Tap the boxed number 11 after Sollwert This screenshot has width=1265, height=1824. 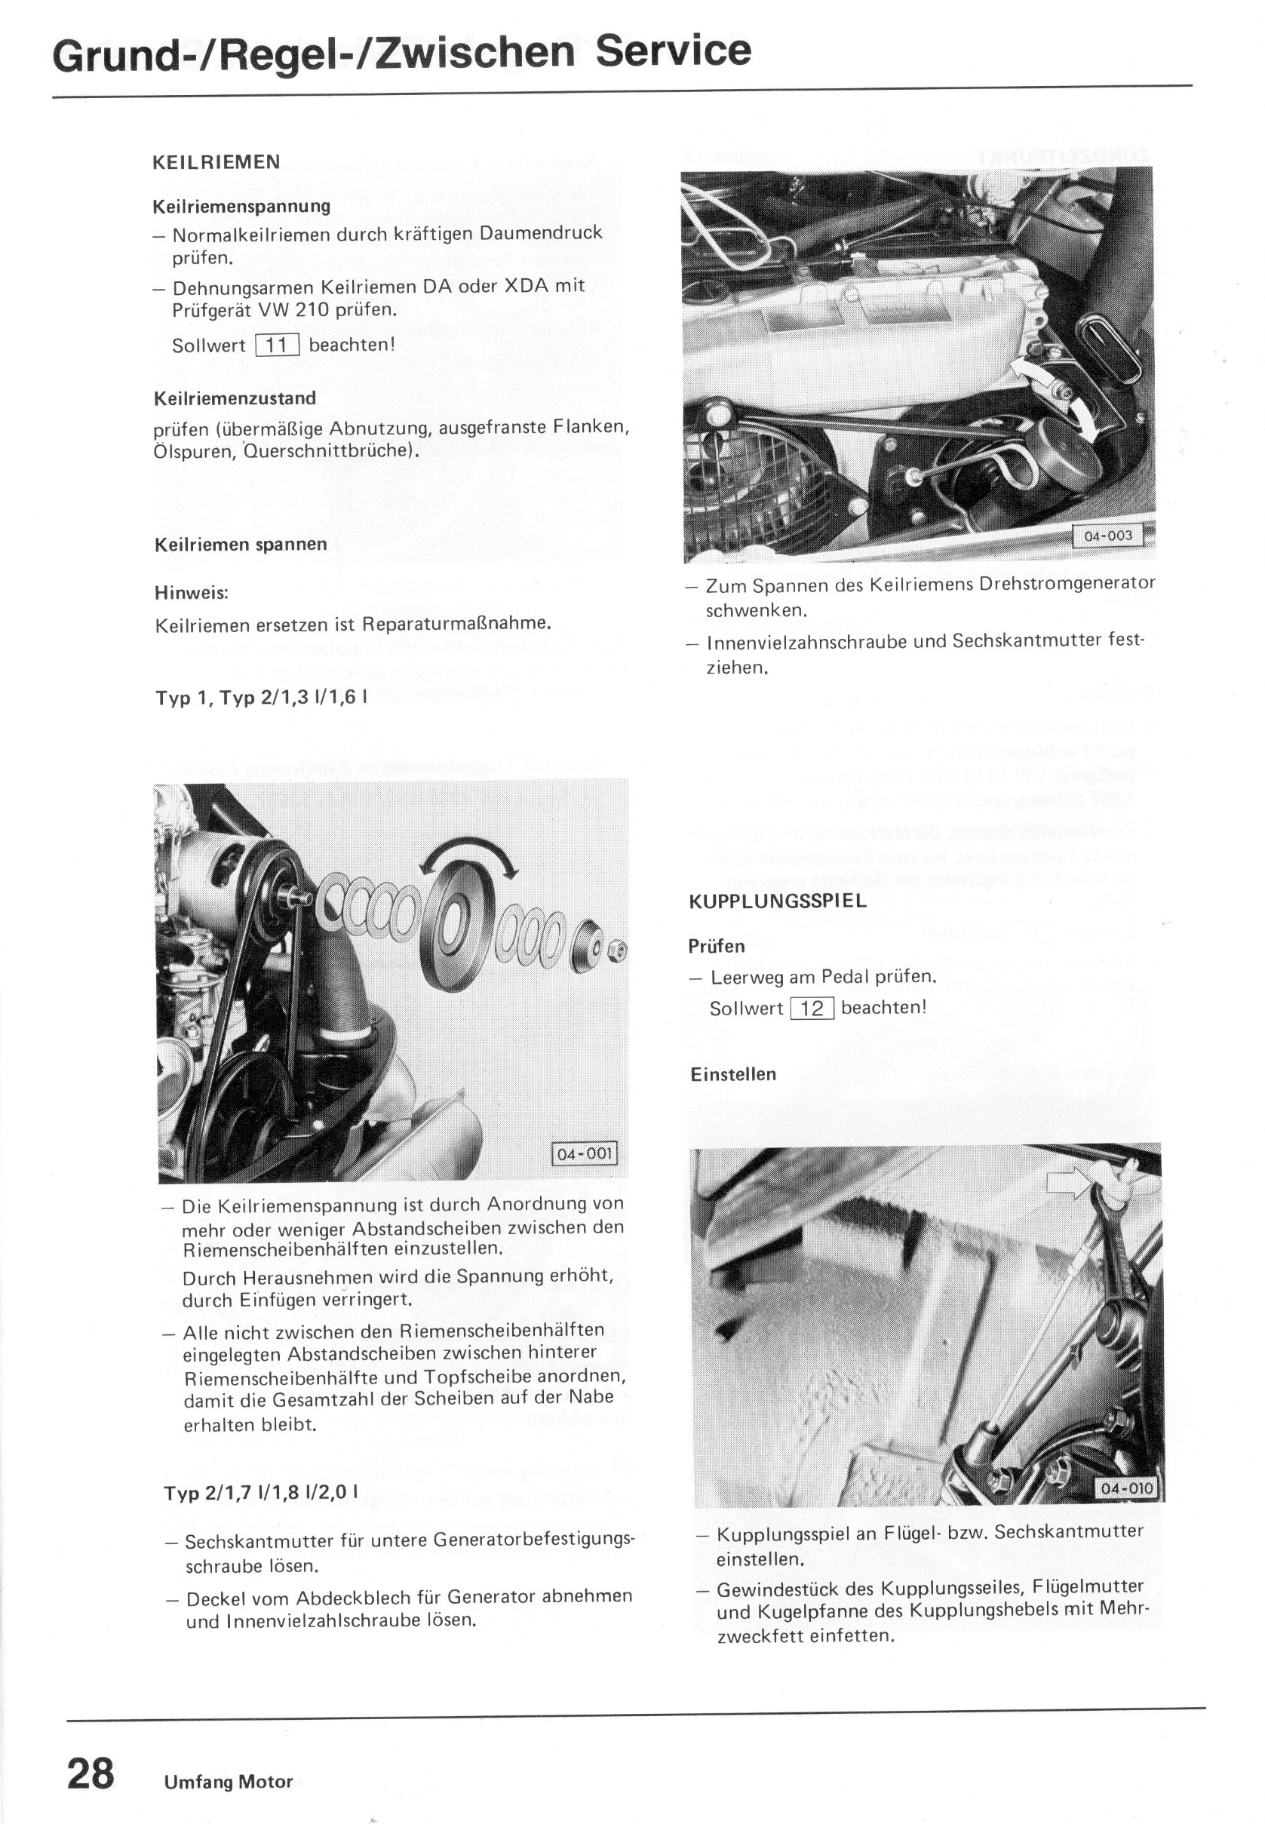tap(278, 345)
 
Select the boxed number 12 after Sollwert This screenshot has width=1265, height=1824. tap(812, 1009)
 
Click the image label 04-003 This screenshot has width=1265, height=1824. tap(1107, 536)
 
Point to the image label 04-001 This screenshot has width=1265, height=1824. tap(584, 1153)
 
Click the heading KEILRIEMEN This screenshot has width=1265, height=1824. tap(216, 162)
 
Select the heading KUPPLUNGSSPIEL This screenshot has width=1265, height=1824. tap(778, 901)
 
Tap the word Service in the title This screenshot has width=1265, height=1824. tap(673, 50)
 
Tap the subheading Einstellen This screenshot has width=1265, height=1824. tap(733, 1074)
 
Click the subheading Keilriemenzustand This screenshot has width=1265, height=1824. tap(235, 398)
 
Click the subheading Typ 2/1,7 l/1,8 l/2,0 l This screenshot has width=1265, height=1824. tap(261, 1493)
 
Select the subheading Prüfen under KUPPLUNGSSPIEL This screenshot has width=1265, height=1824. tap(717, 947)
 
